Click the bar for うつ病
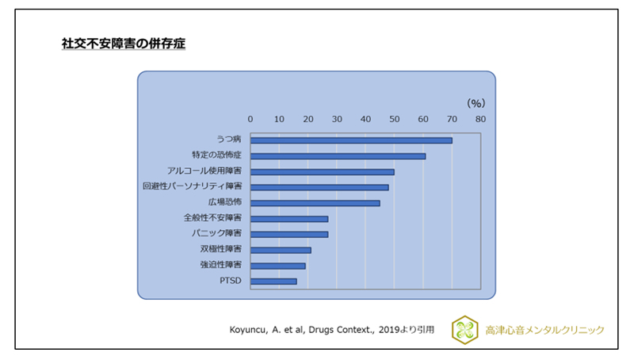click(351, 140)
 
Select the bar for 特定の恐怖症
click(338, 156)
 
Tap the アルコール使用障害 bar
click(322, 171)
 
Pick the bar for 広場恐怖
click(315, 203)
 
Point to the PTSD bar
click(273, 281)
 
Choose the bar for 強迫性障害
click(277, 266)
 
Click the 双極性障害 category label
click(221, 250)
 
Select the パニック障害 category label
click(216, 234)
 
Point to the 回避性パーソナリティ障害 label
click(193, 187)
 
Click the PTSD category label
click(231, 281)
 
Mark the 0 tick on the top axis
click(250, 119)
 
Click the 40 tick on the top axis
click(365, 119)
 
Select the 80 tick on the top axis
click(480, 119)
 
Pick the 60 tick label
click(423, 119)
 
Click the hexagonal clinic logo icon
click(464, 330)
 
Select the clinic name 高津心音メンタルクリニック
click(544, 330)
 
